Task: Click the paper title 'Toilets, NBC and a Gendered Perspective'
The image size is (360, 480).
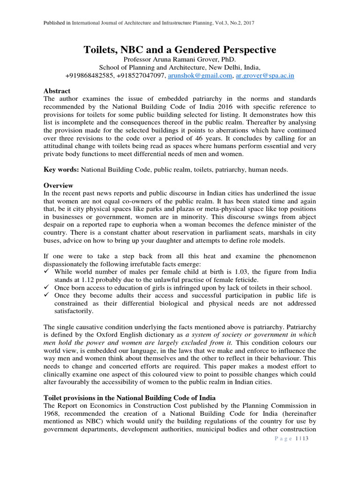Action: click(x=180, y=50)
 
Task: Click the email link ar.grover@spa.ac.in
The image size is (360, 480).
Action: click(x=265, y=75)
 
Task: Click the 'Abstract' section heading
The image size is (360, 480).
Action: click(x=57, y=91)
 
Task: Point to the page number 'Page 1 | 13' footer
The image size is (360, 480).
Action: click(x=290, y=438)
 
